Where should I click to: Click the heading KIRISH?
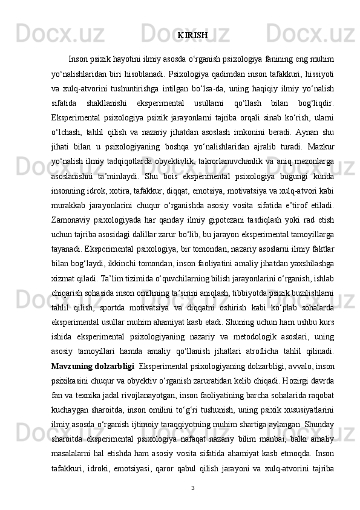coord(194,35)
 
